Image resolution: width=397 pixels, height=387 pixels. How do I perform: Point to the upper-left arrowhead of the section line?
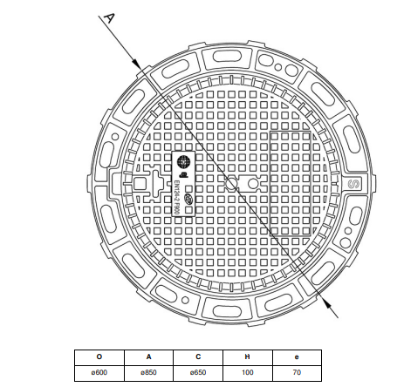[x=137, y=64]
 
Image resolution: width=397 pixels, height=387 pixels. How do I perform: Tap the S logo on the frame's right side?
[x=354, y=184]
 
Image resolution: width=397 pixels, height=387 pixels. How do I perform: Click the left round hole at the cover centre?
[x=232, y=185]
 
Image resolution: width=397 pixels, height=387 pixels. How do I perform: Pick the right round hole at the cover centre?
[x=253, y=185]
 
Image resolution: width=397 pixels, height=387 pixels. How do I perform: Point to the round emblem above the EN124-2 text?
[x=185, y=162]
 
